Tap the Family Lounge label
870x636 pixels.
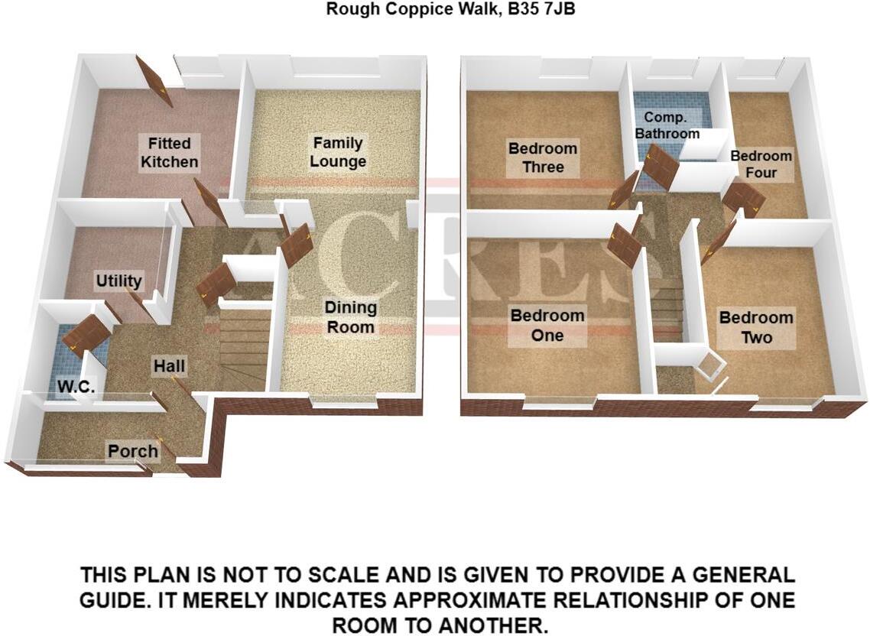click(338, 152)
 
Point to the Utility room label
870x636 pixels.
click(118, 281)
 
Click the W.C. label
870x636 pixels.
click(76, 388)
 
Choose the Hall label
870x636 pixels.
click(169, 366)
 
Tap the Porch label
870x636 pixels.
click(132, 450)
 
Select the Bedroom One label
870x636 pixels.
click(547, 325)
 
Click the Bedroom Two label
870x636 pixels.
click(756, 327)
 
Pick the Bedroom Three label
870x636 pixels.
click(543, 157)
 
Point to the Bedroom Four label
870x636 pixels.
click(761, 164)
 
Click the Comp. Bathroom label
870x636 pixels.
click(670, 125)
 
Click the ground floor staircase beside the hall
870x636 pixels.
click(243, 348)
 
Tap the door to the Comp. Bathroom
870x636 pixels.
click(660, 168)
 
